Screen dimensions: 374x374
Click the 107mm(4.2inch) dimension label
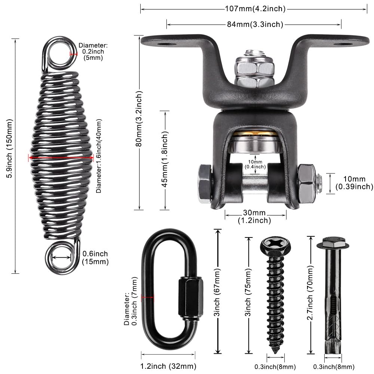255,8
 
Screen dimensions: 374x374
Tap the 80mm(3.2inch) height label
139,122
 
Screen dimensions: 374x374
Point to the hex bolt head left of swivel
204,184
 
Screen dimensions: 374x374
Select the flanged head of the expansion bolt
332,243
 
